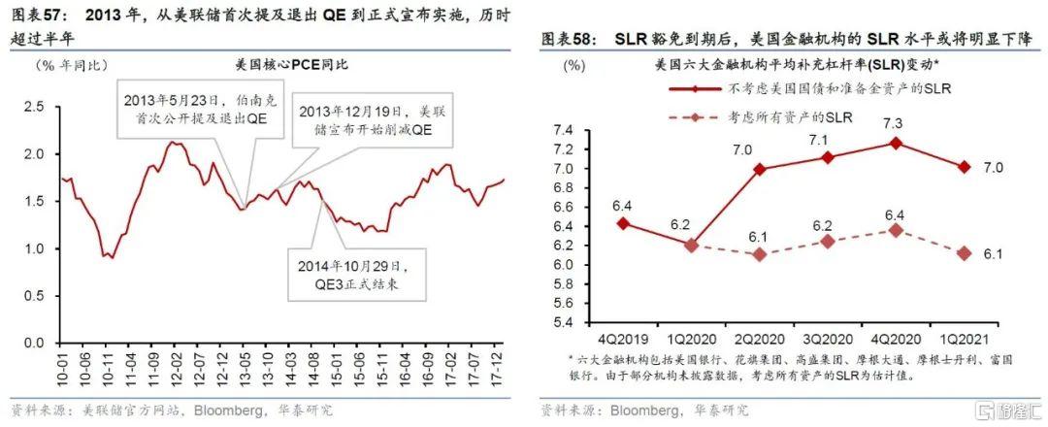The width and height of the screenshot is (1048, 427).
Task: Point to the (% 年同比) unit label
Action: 71,66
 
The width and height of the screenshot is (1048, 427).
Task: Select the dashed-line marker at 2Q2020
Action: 760,254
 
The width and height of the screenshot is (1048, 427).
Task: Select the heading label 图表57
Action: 36,16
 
